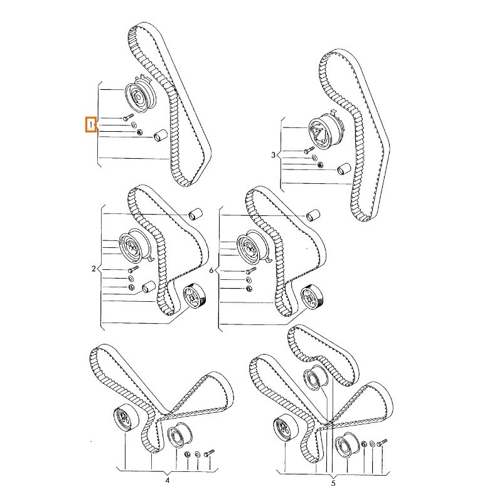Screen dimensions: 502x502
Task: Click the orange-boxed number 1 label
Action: pos(91,124)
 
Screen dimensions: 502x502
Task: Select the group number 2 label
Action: pos(93,269)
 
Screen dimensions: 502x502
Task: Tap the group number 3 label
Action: pos(273,155)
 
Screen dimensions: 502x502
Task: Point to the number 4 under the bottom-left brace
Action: pos(167,480)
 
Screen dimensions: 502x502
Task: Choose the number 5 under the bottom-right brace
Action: pos(333,483)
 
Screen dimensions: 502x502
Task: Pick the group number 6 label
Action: pos(211,270)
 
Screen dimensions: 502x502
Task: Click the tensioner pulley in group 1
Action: pos(140,95)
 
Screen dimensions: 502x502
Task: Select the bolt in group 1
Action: pos(128,117)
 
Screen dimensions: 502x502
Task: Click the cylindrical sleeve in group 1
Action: pos(159,136)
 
